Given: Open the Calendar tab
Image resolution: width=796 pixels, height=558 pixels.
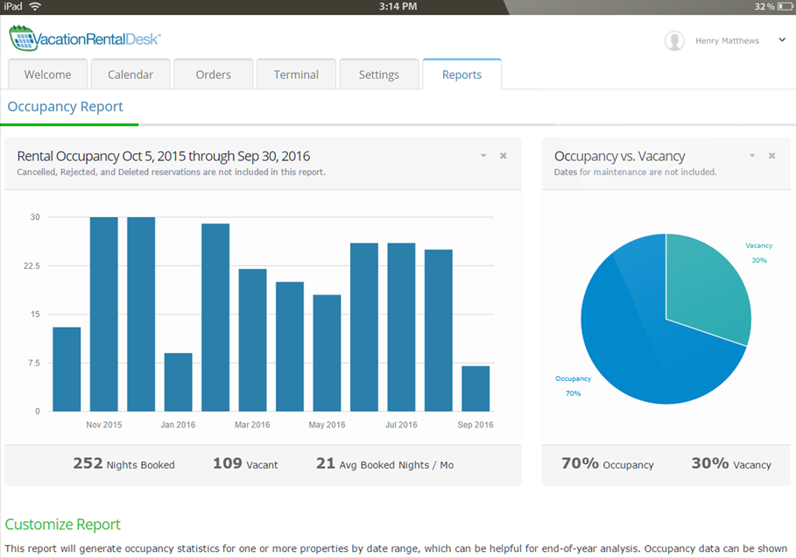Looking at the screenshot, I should (x=130, y=74).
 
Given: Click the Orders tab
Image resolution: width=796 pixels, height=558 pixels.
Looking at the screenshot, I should (x=213, y=74).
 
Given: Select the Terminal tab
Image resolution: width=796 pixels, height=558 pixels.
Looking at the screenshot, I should (x=296, y=74).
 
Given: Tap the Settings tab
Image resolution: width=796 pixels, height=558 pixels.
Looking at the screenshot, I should (x=378, y=74).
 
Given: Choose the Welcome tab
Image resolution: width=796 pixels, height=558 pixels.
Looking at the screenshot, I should (x=47, y=74).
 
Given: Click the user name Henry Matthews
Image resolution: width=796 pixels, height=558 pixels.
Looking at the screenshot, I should (x=727, y=40).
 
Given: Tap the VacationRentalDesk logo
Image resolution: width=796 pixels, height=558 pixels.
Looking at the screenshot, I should (x=85, y=39).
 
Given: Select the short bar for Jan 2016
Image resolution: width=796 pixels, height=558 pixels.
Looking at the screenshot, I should (x=178, y=382).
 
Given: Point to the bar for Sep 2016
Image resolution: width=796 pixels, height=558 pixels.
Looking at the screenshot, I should (x=475, y=388).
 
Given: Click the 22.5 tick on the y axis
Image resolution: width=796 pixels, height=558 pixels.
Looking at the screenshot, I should (x=32, y=265).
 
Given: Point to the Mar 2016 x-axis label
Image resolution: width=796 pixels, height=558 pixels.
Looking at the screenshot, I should (x=253, y=425).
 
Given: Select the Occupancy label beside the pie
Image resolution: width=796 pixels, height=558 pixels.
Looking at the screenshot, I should (x=573, y=378).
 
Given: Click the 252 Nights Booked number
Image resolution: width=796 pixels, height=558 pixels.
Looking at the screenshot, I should (x=88, y=463).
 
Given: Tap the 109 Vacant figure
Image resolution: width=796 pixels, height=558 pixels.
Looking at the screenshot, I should (x=228, y=463).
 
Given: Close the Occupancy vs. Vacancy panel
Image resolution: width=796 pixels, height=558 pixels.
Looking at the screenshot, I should (x=771, y=156).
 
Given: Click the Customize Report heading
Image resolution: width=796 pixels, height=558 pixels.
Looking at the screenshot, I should (x=63, y=525).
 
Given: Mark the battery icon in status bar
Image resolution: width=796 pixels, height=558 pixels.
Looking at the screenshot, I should (x=784, y=6).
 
